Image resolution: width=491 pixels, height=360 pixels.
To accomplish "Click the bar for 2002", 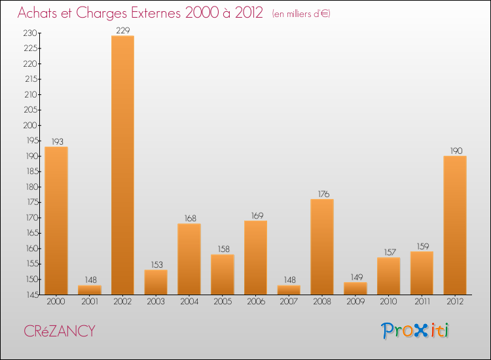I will coord(122,165).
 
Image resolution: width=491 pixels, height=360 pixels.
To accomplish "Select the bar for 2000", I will coord(56,220).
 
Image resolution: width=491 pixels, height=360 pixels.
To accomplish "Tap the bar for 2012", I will coord(455,225).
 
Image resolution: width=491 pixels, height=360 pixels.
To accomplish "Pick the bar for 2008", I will coord(322,247).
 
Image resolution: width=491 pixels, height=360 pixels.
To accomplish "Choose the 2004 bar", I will coord(189,259).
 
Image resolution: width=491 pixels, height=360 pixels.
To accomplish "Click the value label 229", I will coord(122,30).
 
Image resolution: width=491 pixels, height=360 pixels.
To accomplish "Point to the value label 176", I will coord(322,194).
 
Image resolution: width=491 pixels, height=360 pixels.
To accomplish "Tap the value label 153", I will coord(156,264).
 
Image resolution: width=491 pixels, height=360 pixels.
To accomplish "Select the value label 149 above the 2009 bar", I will coord(355,277).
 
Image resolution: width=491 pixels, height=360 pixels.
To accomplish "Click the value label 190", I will coord(455,151).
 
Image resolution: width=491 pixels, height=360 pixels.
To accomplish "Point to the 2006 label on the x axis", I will coord(255,302).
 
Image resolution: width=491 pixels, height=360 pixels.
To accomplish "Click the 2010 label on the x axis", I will coord(388,302).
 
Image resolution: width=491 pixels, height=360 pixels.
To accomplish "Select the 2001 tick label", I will coord(90,302).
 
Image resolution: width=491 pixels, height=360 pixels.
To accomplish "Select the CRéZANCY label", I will coord(59,331).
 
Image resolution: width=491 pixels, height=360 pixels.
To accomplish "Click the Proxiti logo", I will coord(416,331).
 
